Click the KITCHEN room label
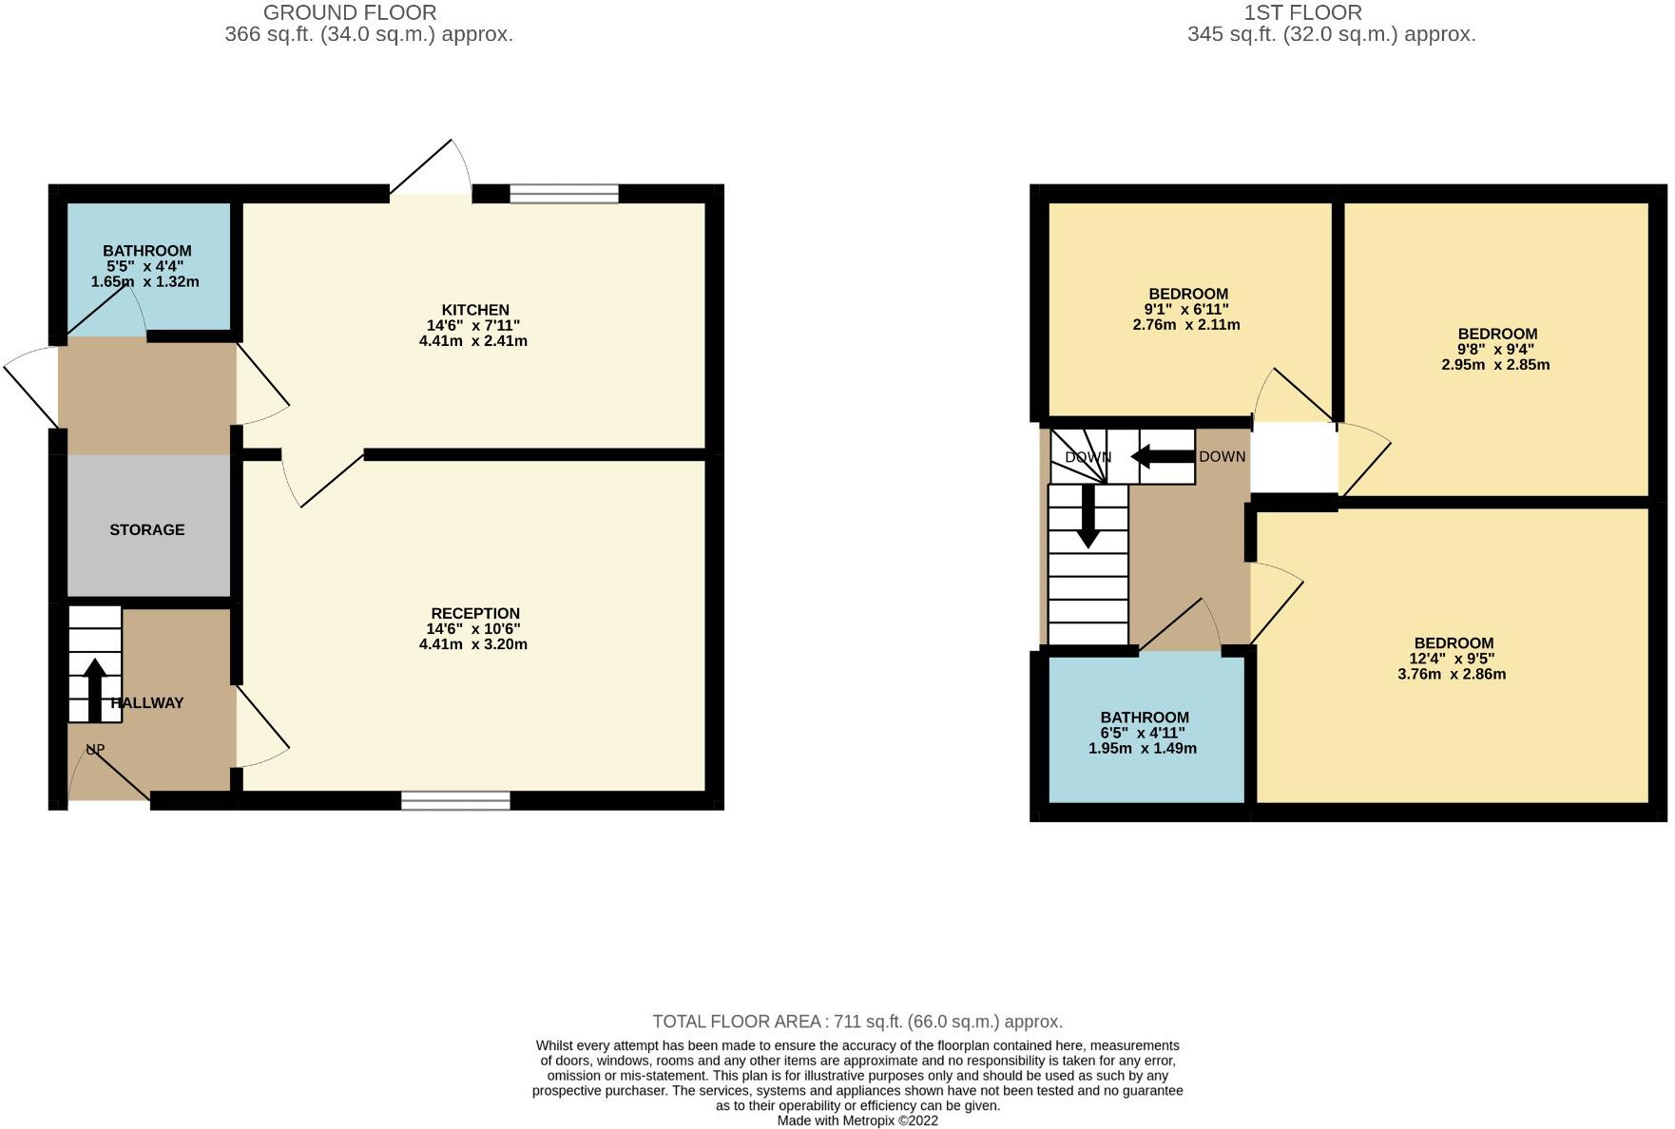tap(474, 310)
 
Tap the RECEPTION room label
tap(474, 614)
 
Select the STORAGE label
tap(146, 530)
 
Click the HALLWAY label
tap(148, 703)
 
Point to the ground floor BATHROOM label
tap(146, 251)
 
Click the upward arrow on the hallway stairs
tap(94, 689)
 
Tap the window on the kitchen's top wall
tap(564, 194)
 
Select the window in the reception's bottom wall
tap(455, 800)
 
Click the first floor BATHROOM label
tap(1144, 718)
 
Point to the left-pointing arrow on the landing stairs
tap(1161, 457)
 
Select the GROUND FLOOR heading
tap(350, 13)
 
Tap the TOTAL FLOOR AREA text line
tap(857, 1022)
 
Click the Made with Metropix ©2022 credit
tap(857, 1120)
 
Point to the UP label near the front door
tap(95, 749)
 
